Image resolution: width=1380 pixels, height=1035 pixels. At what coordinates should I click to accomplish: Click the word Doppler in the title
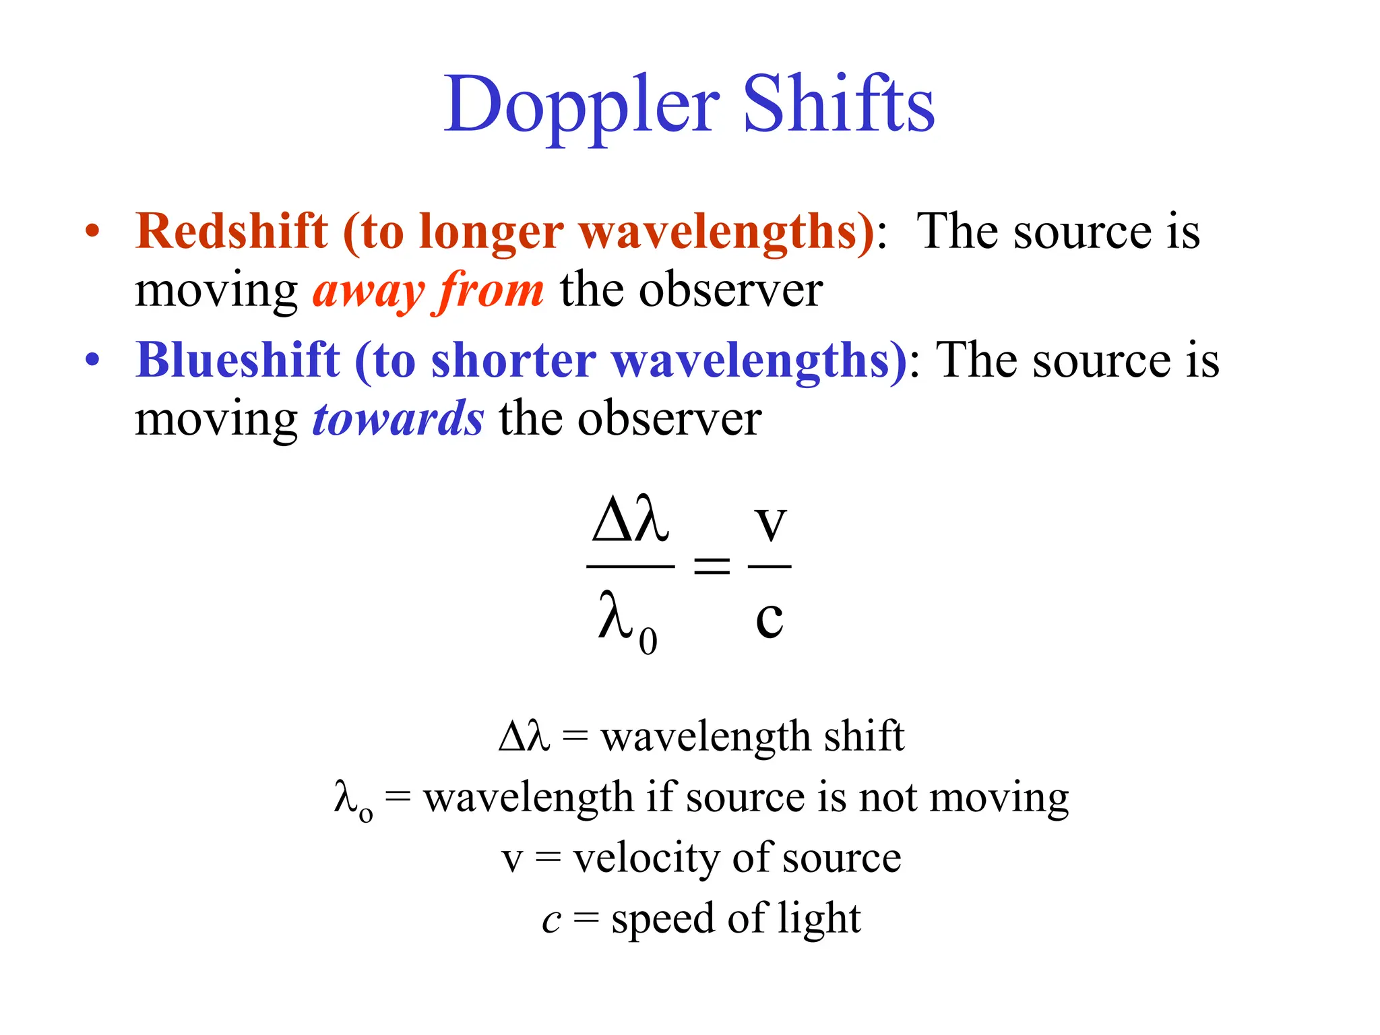pos(582,106)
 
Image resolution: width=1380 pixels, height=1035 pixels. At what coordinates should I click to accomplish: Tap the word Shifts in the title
pos(838,104)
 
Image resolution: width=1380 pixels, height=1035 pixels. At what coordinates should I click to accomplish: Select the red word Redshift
pos(232,232)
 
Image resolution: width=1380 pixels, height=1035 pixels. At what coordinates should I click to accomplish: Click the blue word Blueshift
pos(238,360)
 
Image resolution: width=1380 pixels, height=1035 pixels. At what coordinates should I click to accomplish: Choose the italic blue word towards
pos(398,419)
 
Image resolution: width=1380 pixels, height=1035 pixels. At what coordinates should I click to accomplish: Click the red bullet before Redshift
pos(92,232)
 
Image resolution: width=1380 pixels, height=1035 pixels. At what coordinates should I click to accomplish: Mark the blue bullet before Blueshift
pos(92,360)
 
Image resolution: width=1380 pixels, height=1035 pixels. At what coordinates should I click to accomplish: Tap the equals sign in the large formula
pos(712,565)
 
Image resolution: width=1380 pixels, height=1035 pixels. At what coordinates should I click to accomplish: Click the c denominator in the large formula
pos(769,618)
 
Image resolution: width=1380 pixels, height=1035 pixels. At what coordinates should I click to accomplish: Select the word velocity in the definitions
pos(646,858)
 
